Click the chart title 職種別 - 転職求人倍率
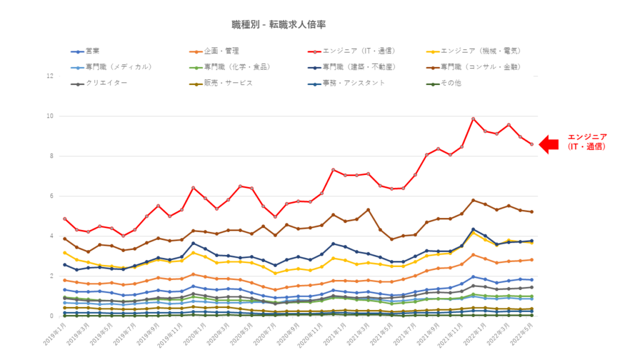click(278, 25)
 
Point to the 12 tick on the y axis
click(49, 76)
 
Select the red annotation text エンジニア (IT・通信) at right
click(587, 142)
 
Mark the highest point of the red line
click(473, 119)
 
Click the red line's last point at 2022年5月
click(531, 144)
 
